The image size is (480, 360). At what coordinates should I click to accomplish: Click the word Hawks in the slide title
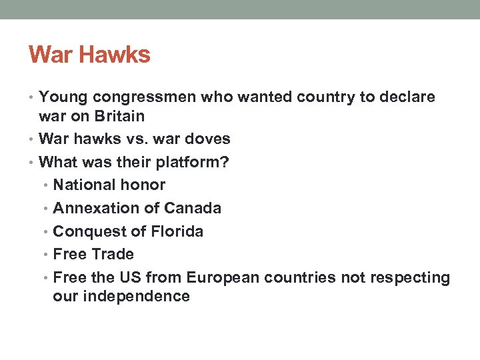point(117,54)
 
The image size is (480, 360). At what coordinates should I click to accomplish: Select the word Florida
point(176,231)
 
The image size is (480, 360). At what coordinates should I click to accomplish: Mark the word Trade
point(113,254)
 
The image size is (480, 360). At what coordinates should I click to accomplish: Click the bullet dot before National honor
point(47,185)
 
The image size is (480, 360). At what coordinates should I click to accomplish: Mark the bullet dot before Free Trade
point(47,255)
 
